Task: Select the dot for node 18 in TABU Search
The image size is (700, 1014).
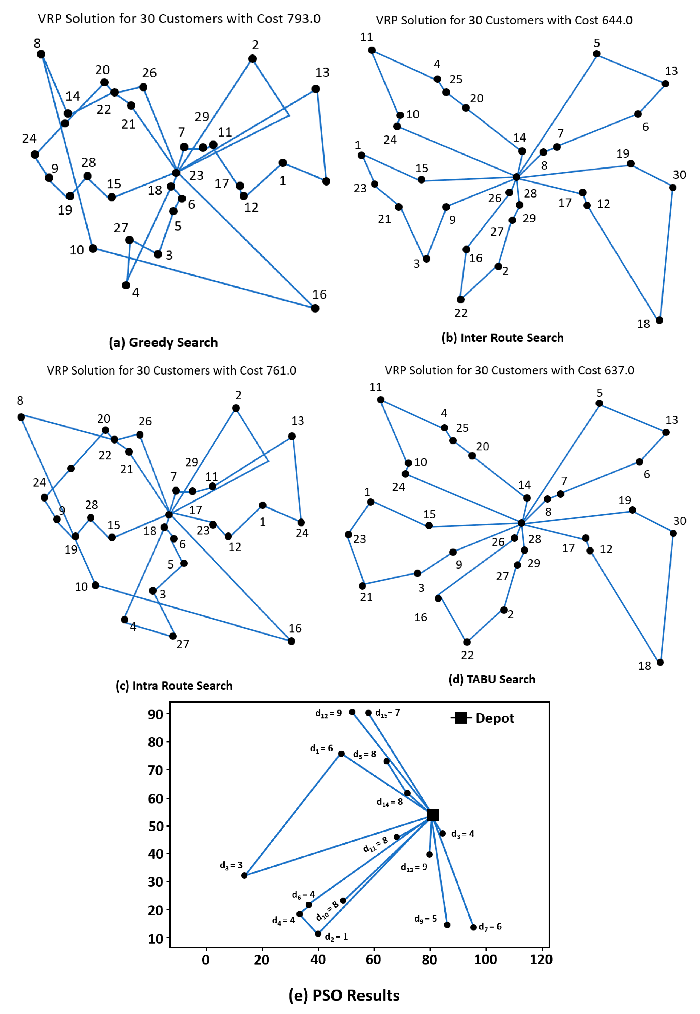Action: (x=660, y=662)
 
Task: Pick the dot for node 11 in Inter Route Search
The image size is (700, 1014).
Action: (x=372, y=50)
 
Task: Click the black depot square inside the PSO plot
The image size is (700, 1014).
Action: (x=432, y=815)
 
